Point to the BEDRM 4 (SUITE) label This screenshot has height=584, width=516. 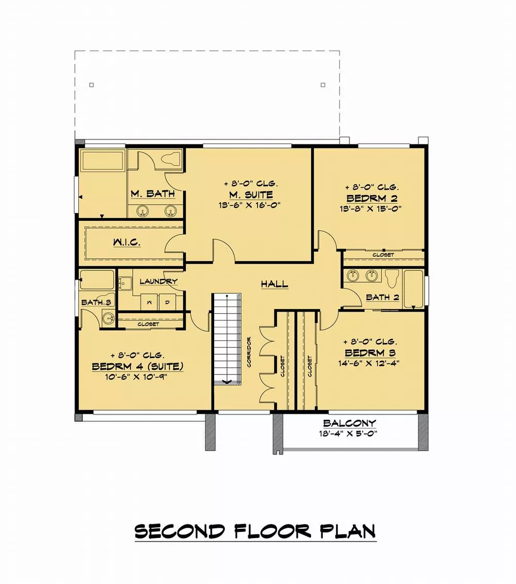(138, 366)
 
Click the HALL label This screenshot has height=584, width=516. (274, 284)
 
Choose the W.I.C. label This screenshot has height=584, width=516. (126, 241)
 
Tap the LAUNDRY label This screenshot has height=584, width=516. (158, 281)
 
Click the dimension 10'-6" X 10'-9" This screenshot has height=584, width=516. (138, 376)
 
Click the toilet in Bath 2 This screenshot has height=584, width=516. (392, 279)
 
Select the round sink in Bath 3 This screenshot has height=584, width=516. (108, 319)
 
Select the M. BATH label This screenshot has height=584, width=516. (152, 194)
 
